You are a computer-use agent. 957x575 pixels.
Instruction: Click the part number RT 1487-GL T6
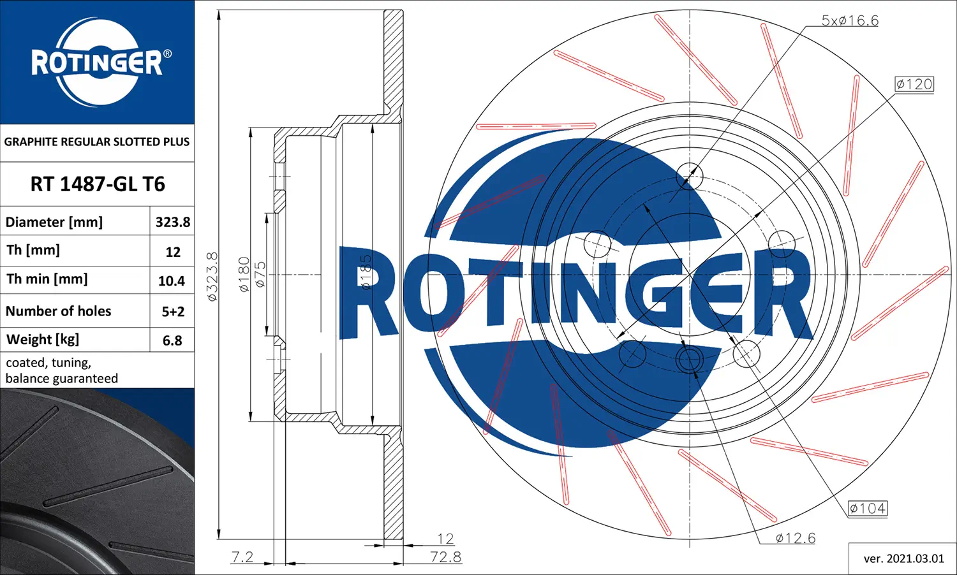click(x=98, y=184)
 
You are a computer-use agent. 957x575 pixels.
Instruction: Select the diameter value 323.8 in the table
click(x=173, y=222)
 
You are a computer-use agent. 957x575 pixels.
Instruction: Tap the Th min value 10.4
click(x=172, y=281)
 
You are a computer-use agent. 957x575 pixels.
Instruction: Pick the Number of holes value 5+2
click(x=173, y=312)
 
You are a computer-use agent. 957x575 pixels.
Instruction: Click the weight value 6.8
click(x=172, y=340)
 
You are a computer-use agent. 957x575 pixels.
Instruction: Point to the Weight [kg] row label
click(x=43, y=339)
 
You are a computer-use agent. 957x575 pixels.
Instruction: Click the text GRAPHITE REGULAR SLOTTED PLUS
click(x=97, y=142)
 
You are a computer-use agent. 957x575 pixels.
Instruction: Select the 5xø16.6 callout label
click(x=850, y=20)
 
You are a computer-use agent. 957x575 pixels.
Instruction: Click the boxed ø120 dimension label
click(x=914, y=84)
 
